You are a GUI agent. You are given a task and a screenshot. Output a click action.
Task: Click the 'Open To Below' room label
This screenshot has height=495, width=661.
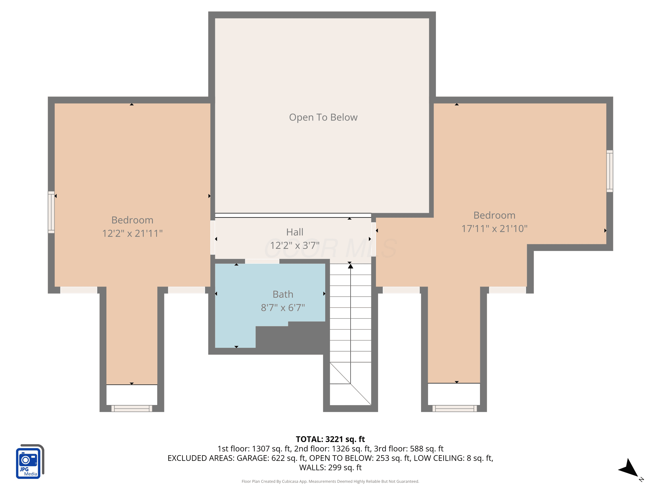click(x=323, y=117)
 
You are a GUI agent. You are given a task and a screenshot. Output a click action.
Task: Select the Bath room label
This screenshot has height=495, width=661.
click(x=283, y=294)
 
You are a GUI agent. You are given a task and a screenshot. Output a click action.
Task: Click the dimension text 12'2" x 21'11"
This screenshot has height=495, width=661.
click(x=132, y=233)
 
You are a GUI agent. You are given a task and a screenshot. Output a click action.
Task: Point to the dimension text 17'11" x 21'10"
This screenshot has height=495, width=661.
click(x=495, y=228)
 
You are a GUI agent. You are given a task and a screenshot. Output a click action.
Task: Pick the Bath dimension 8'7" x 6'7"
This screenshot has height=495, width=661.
click(x=283, y=307)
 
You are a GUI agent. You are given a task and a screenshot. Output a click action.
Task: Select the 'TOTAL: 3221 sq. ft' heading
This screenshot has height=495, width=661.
click(x=330, y=439)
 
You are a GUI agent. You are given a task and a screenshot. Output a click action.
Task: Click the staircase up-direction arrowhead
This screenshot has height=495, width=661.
click(x=351, y=266)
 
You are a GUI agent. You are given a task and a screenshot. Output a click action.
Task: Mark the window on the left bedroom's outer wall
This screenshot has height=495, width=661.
click(x=51, y=212)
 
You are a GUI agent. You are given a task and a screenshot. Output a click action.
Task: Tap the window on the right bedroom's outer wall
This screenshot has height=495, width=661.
click(x=610, y=171)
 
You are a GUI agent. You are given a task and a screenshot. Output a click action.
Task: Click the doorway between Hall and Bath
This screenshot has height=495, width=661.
click(x=262, y=261)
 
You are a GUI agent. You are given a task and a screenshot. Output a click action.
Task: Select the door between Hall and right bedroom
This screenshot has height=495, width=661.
click(x=373, y=239)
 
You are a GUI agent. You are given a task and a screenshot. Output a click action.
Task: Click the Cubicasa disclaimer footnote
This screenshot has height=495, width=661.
click(x=330, y=481)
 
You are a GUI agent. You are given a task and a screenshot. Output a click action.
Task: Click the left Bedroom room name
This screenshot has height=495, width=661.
click(x=132, y=220)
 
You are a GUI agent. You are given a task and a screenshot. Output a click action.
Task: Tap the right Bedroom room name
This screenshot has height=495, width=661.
click(x=495, y=215)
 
